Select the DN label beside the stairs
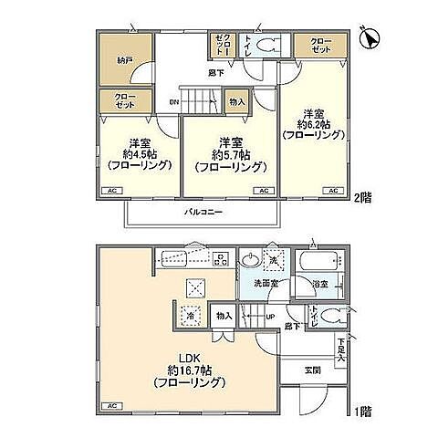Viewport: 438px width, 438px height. [173, 102]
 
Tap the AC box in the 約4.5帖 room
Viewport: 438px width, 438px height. [113, 190]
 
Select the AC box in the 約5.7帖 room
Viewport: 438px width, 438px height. [263, 190]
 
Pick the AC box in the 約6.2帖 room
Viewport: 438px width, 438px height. [333, 190]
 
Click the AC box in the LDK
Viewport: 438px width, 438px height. [112, 404]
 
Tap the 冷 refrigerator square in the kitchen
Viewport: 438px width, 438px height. [193, 317]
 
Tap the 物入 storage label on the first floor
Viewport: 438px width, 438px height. [223, 317]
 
